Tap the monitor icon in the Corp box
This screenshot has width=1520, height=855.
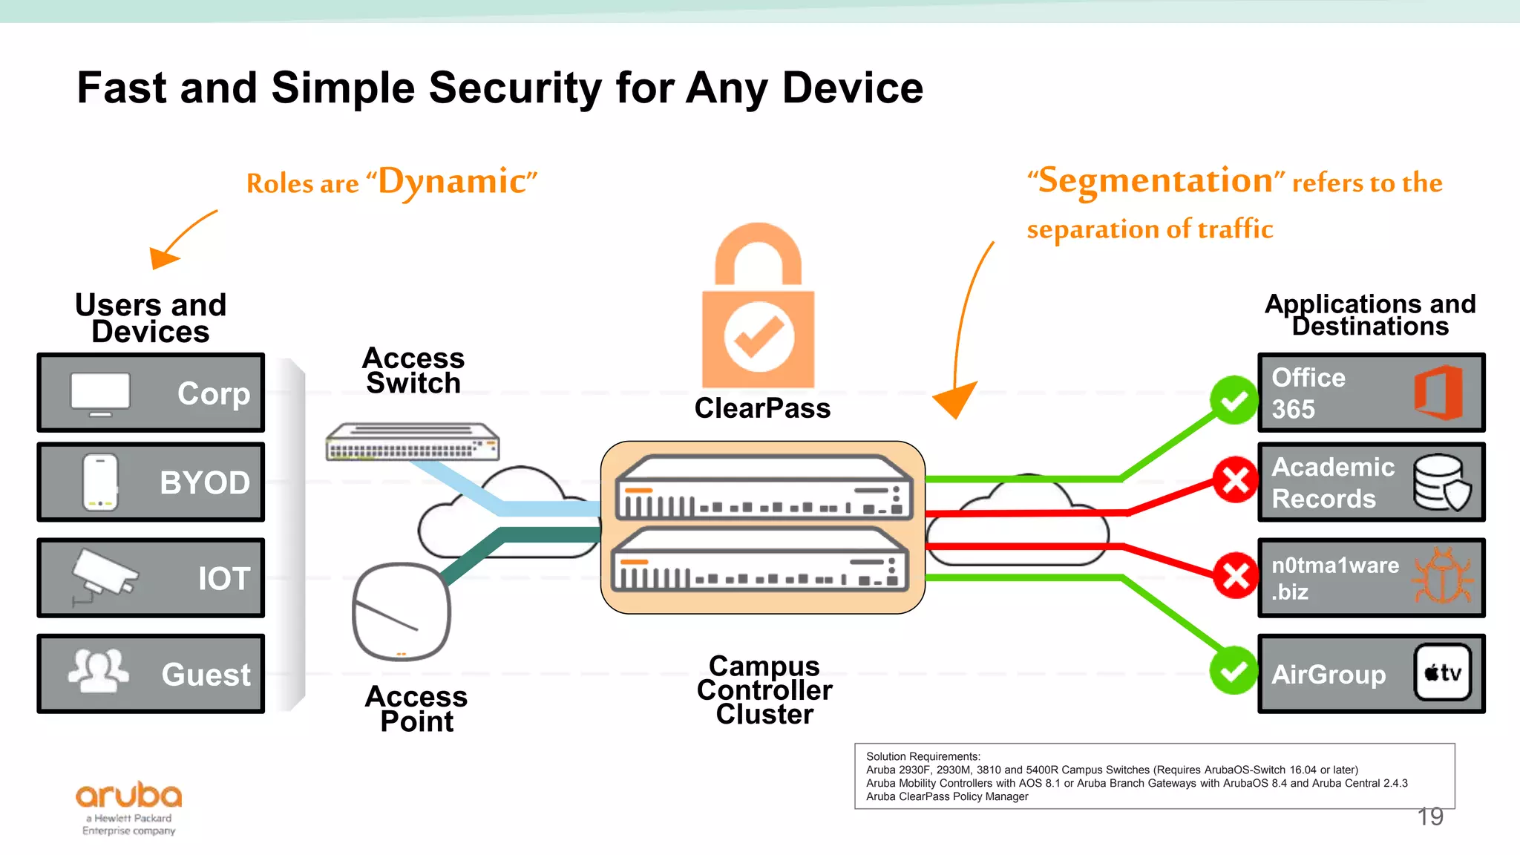(x=100, y=393)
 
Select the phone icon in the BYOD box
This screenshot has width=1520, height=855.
(x=100, y=482)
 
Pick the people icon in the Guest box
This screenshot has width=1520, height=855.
(x=98, y=669)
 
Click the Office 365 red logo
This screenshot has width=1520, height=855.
(x=1438, y=392)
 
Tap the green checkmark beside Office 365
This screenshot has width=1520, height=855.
(x=1234, y=400)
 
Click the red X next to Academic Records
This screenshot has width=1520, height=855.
(x=1236, y=479)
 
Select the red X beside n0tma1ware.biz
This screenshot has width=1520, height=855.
(x=1236, y=575)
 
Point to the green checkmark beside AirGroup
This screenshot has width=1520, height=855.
(x=1234, y=670)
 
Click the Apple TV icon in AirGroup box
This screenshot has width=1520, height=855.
(x=1442, y=672)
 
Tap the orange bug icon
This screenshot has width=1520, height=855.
(x=1442, y=577)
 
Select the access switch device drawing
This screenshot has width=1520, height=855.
(x=413, y=442)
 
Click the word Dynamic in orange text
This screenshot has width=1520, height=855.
(x=453, y=181)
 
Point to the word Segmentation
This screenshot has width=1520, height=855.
(x=1156, y=180)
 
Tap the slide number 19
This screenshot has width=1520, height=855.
(x=1429, y=817)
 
